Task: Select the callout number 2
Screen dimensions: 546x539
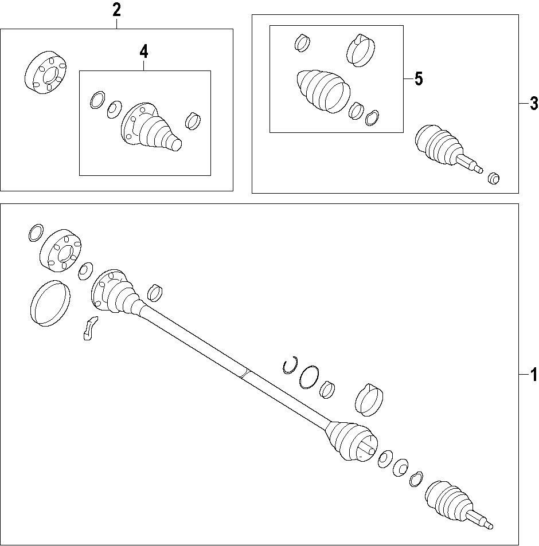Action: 116,10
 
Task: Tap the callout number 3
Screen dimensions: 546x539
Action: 533,104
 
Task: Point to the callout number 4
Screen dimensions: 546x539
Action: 143,52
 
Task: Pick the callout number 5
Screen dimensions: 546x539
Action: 419,78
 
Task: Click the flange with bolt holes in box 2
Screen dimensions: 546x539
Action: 46,72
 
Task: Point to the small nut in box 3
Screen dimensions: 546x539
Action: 494,178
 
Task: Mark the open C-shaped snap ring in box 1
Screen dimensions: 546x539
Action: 290,365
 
